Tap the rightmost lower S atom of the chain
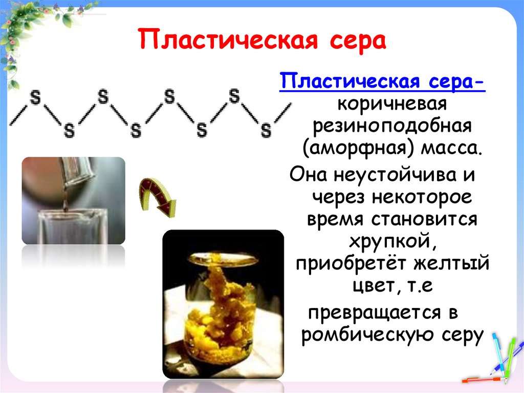pyautogui.click(x=266, y=130)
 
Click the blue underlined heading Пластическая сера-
pyautogui.click(x=382, y=81)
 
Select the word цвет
pyautogui.click(x=369, y=287)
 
